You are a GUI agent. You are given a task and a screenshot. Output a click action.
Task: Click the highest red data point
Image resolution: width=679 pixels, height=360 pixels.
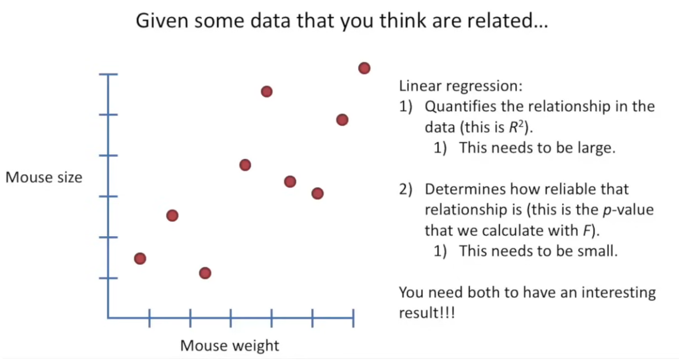[x=364, y=68]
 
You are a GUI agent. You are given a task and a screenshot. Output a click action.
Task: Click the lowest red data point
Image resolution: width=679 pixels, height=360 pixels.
[x=205, y=273]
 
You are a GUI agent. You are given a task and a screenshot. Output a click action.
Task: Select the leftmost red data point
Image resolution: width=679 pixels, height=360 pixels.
[x=140, y=259]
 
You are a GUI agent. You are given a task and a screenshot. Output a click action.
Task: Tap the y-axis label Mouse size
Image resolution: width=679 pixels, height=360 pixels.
[x=43, y=178]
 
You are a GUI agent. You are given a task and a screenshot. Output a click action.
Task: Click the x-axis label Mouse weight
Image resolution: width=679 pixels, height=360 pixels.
[x=229, y=346]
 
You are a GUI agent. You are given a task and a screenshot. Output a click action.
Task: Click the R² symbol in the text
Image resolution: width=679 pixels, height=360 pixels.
[x=519, y=127]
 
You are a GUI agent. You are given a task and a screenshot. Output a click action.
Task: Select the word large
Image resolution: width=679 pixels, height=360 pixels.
[x=593, y=149]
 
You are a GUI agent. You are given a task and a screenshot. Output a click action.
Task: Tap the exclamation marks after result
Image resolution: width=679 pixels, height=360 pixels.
[x=447, y=313]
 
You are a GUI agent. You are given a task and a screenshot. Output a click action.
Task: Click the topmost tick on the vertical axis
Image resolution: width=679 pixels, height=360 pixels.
[x=108, y=74]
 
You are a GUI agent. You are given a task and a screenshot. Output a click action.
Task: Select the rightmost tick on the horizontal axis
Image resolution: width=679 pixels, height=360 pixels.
[x=353, y=318]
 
